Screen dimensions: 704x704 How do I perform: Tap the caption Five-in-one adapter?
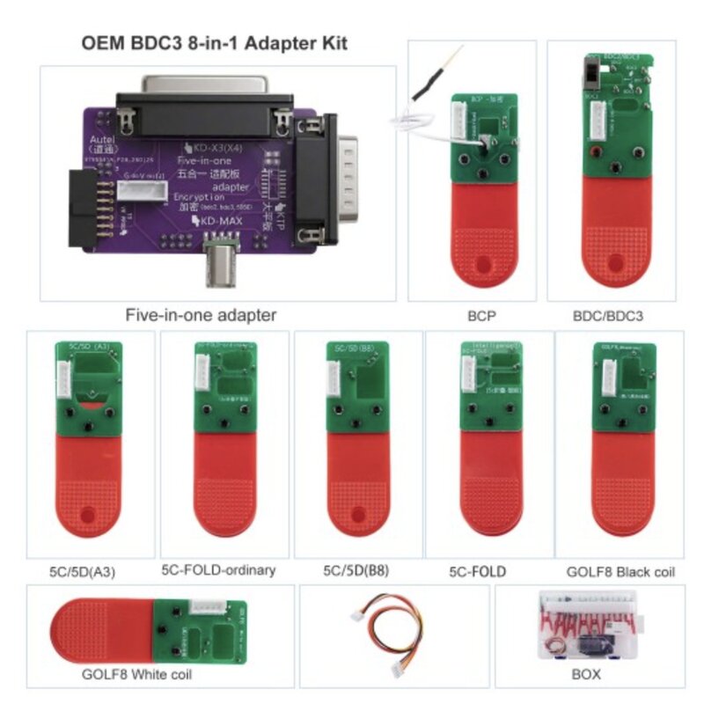(x=201, y=315)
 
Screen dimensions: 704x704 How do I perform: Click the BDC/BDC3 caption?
(x=604, y=314)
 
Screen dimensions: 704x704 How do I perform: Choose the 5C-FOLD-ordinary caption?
(x=218, y=569)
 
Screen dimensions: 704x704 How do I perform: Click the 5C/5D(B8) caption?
(x=351, y=570)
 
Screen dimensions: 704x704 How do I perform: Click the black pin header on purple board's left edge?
(x=89, y=203)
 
